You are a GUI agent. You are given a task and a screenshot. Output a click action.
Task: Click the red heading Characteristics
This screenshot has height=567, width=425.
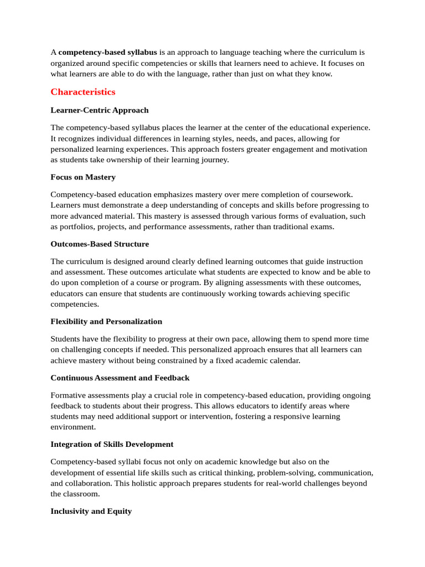tap(83, 92)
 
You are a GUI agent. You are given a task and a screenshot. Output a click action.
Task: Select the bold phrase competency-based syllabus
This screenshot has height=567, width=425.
tap(107, 53)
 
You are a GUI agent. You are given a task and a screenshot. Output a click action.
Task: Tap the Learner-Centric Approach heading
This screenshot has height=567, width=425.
tap(100, 110)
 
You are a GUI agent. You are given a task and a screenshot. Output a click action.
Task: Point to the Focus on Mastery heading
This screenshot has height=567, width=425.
tap(83, 177)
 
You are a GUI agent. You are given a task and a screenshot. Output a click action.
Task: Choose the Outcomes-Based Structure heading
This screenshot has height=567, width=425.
tap(100, 244)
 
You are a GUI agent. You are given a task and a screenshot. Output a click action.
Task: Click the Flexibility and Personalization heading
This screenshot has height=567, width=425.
tap(106, 321)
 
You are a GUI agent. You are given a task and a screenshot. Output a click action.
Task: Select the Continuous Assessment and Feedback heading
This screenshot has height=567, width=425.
tap(120, 378)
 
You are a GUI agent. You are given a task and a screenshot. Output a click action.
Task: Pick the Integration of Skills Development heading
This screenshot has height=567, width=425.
tap(112, 444)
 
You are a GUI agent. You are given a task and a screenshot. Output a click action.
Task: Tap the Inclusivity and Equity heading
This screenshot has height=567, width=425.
tap(91, 511)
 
